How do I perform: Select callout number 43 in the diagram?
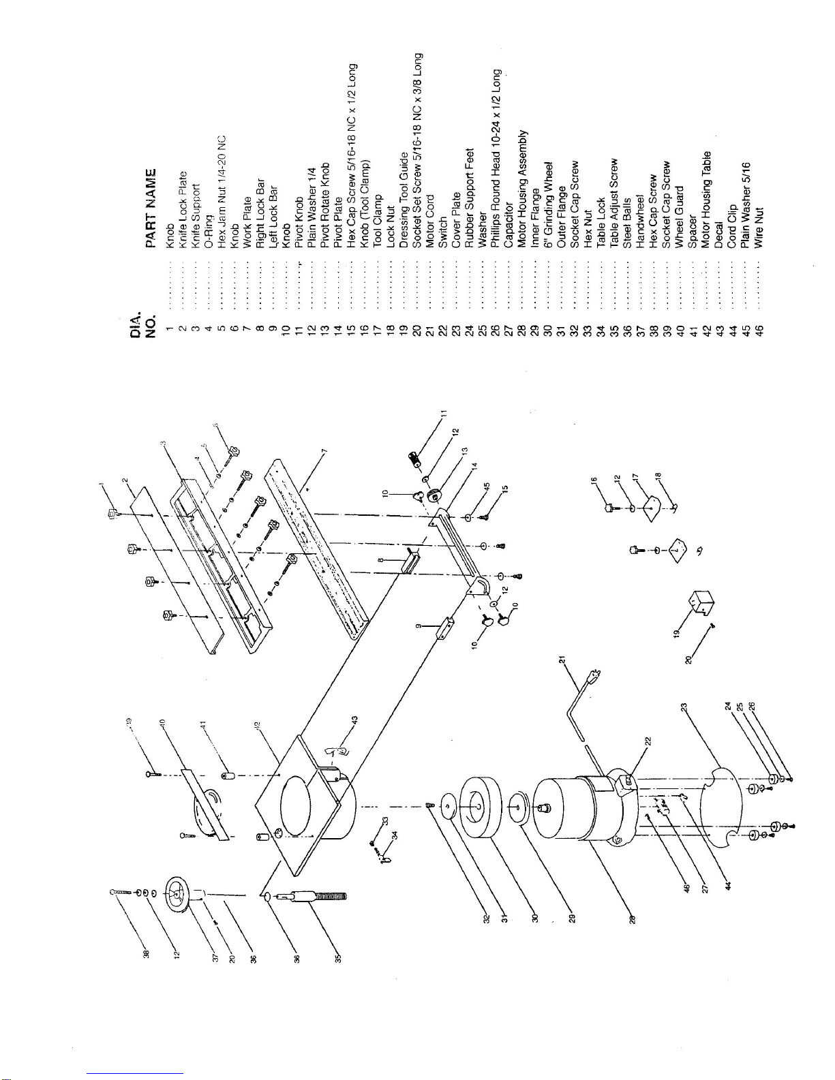pos(354,720)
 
